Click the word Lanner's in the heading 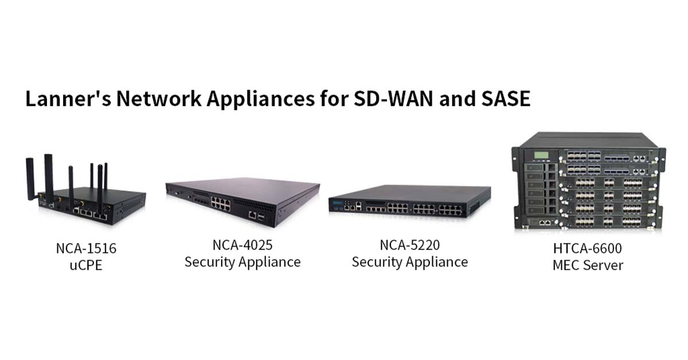pyautogui.click(x=68, y=99)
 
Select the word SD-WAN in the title pyautogui.click(x=393, y=99)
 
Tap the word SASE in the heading pyautogui.click(x=506, y=99)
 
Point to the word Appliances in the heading pyautogui.click(x=261, y=99)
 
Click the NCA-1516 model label pyautogui.click(x=87, y=248)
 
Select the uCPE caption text pyautogui.click(x=86, y=265)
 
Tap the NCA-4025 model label pyautogui.click(x=243, y=245)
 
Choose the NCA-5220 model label pyautogui.click(x=410, y=245)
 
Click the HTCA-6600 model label pyautogui.click(x=588, y=248)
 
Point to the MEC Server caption pyautogui.click(x=588, y=265)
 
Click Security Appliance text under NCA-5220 pyautogui.click(x=410, y=262)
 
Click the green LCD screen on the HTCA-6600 pyautogui.click(x=541, y=155)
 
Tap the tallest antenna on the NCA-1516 pyautogui.click(x=49, y=178)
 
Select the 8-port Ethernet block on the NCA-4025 pyautogui.click(x=221, y=204)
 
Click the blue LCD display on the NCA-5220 pyautogui.click(x=338, y=204)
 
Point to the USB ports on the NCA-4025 pyautogui.click(x=261, y=217)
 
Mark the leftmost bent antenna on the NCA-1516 pyautogui.click(x=30, y=179)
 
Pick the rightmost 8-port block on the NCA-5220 pyautogui.click(x=450, y=210)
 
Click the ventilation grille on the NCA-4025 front pyautogui.click(x=254, y=205)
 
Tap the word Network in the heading pyautogui.click(x=159, y=99)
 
